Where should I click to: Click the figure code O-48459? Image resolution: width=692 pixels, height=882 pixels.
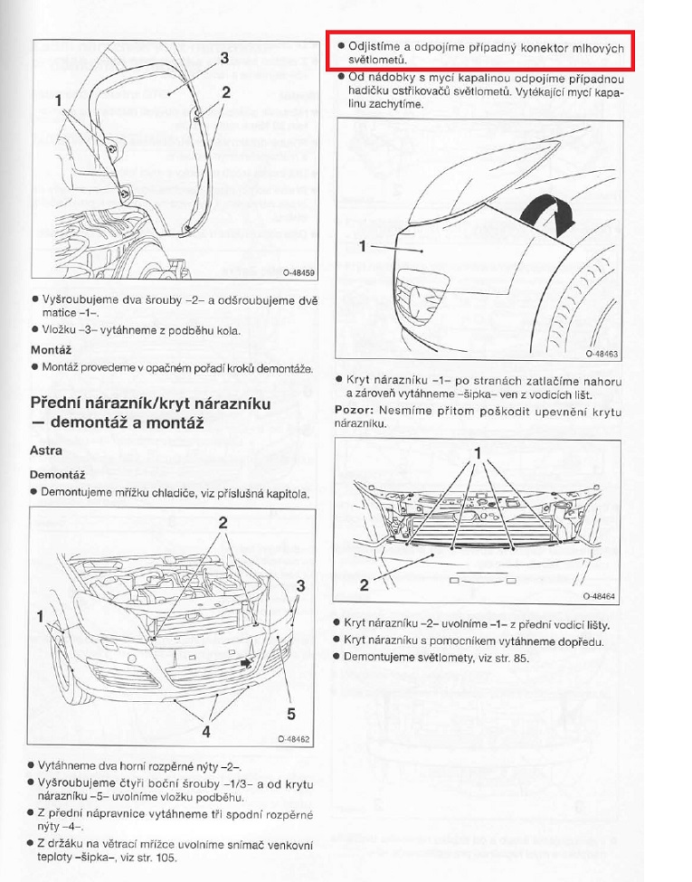(x=296, y=271)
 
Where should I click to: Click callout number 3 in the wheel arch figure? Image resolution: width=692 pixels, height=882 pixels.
(x=223, y=57)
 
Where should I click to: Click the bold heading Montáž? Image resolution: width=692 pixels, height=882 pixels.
(x=51, y=348)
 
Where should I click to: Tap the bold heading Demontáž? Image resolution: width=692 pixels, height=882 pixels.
(x=57, y=473)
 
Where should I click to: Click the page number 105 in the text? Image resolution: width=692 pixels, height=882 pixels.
(x=166, y=858)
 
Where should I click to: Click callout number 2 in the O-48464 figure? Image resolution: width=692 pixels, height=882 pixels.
(x=364, y=584)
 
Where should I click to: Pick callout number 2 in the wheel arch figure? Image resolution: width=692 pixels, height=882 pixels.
(x=225, y=91)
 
